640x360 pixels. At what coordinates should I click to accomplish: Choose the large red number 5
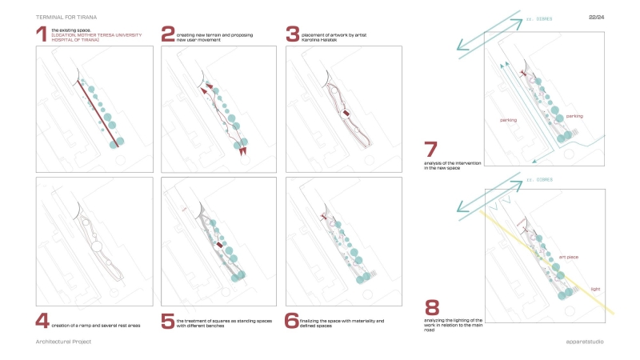(x=168, y=321)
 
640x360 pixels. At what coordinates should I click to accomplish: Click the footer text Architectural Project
(x=64, y=342)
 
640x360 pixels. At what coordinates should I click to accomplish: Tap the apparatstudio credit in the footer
(x=583, y=342)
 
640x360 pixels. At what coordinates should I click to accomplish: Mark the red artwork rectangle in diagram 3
(x=345, y=114)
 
